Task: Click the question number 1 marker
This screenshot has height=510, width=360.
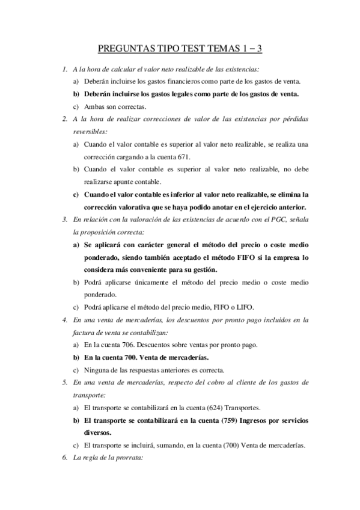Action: (65, 69)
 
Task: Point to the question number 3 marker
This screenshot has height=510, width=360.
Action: (65, 220)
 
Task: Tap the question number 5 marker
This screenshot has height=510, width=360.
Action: (65, 382)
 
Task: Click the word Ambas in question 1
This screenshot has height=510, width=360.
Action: (94, 106)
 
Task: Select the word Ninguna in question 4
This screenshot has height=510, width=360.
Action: (99, 370)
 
